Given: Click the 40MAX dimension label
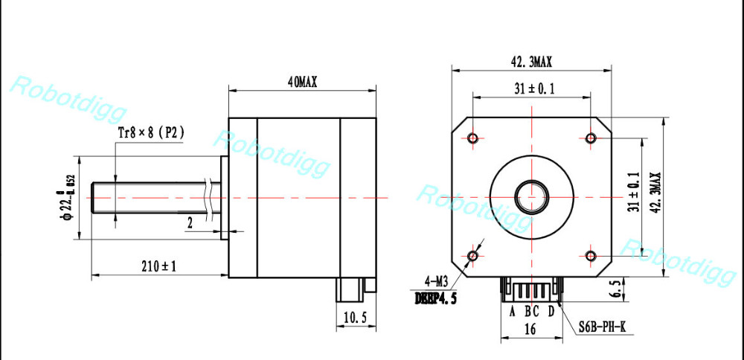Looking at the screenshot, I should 302,83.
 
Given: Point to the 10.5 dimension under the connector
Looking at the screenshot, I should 354,318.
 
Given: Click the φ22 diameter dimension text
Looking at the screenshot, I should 67,199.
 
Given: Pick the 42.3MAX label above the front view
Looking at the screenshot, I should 531,62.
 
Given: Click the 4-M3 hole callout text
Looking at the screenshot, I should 435,283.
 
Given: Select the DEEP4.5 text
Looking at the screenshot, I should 435,298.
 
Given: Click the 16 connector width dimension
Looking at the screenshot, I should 530,328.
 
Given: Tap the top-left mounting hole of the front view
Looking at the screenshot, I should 473,138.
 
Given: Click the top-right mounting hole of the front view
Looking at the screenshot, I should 591,138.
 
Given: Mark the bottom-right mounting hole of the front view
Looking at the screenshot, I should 591,256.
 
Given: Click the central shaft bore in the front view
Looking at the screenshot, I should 532,197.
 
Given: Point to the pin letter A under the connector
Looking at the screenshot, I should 512,311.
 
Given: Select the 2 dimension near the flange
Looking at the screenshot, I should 190,223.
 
